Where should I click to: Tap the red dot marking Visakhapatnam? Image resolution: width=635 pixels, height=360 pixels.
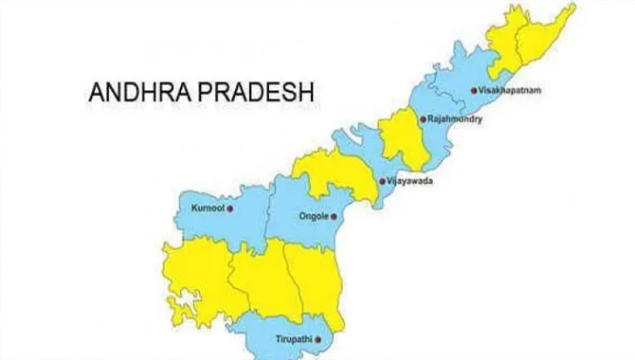point(475,91)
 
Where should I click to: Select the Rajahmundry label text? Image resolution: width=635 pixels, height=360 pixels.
point(456,120)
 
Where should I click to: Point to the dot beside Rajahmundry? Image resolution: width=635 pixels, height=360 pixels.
point(422,120)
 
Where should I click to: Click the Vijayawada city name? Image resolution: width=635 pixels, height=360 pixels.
point(410,180)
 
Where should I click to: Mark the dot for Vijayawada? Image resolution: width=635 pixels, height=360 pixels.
point(381,180)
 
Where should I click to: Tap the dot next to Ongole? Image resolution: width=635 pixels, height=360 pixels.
point(334,215)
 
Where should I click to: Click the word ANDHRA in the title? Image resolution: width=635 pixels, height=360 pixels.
point(133,93)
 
